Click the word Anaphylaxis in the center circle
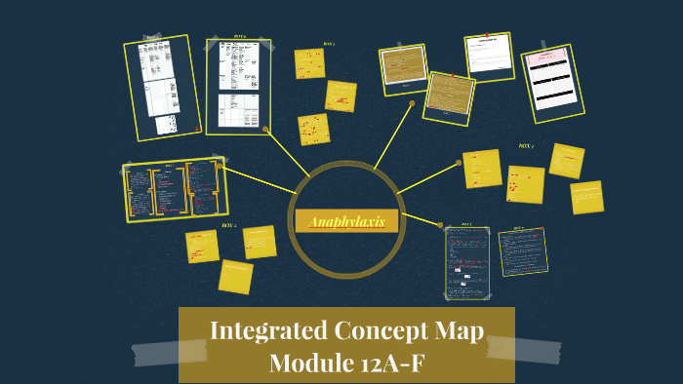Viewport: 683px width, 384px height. tap(346, 222)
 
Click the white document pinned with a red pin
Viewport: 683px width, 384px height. tap(493, 55)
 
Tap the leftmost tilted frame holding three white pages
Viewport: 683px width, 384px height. tap(161, 87)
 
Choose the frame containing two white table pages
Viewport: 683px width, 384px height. tap(238, 86)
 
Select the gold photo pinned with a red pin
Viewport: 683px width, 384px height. tap(449, 95)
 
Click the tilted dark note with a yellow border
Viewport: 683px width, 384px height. tap(522, 252)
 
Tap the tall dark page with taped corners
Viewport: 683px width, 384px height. tap(467, 262)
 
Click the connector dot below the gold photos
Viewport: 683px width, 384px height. tap(412, 102)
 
